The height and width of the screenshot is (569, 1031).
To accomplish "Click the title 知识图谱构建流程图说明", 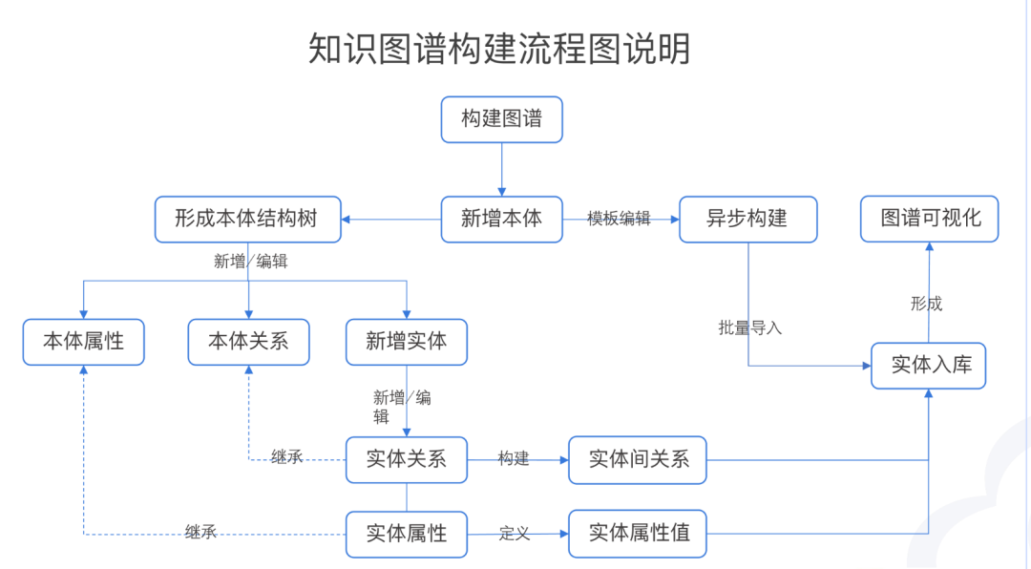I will point(499,49).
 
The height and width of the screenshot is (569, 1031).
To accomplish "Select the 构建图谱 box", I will point(501,119).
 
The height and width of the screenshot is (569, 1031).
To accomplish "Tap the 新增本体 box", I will point(501,219).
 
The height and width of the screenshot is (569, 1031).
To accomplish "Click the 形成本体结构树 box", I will point(248,219).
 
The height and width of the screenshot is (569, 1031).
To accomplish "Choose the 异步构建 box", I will point(747,219).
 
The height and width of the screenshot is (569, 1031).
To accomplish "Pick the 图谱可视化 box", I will point(930,219).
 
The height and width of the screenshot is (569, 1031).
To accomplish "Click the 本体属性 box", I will point(84,342).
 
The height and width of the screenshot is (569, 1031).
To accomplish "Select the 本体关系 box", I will point(248,342).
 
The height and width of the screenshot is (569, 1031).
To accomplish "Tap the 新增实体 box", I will point(407,342).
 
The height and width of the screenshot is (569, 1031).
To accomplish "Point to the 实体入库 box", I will point(928,365).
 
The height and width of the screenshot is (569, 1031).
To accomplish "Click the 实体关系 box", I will point(407,459).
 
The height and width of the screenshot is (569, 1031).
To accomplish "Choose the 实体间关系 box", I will point(638,459).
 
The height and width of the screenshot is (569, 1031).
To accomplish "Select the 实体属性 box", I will point(407,534).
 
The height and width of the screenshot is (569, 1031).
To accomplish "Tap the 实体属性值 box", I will point(638,534).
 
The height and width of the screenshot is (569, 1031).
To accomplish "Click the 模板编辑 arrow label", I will point(619,219).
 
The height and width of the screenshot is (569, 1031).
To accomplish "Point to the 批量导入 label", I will point(749,327).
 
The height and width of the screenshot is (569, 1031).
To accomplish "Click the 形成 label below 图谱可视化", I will point(926,304).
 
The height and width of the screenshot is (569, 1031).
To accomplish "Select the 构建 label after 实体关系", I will point(514,459).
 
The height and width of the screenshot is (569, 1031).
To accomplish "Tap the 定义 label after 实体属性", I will point(514,534).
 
